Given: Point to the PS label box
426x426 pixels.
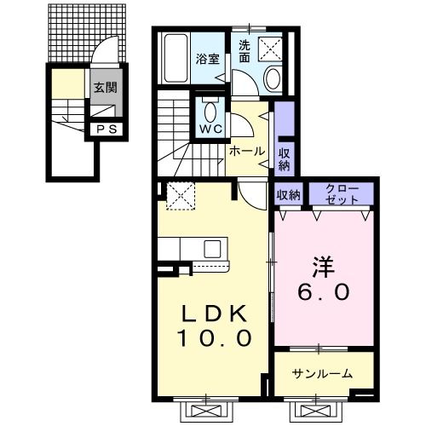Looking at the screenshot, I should [x=106, y=130].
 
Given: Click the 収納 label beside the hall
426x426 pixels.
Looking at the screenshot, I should [x=285, y=158].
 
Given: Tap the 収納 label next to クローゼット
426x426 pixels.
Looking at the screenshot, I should [x=288, y=195].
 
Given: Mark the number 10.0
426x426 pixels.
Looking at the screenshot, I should [x=215, y=338].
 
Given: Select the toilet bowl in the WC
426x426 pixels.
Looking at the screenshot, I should [x=210, y=111].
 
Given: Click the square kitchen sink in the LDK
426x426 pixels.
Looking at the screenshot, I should [x=212, y=250].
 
